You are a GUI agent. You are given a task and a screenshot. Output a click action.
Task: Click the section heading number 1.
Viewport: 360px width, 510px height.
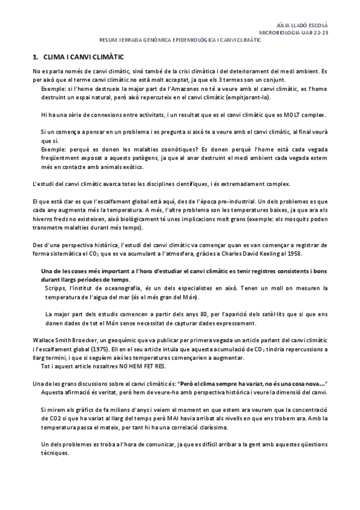[x=35, y=57]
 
